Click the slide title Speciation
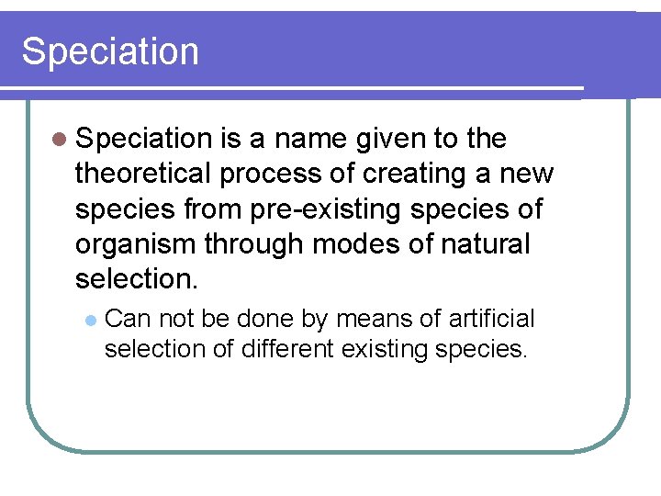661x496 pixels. click(x=110, y=51)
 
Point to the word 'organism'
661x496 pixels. click(x=135, y=245)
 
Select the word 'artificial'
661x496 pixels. click(x=491, y=319)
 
